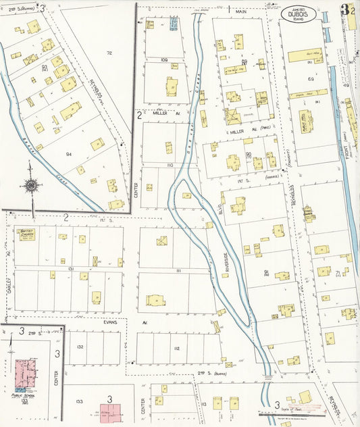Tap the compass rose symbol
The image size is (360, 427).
(x=30, y=184)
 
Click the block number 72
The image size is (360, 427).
(x=108, y=52)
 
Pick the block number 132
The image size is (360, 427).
(x=79, y=345)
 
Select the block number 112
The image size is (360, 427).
(x=176, y=349)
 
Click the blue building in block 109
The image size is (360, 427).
(x=174, y=25)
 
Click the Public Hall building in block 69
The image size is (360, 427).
(x=305, y=122)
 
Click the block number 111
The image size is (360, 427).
(x=177, y=270)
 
